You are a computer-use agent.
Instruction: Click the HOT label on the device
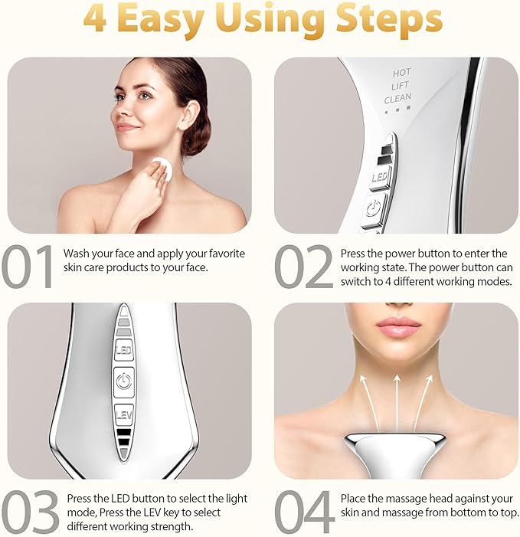point(401,73)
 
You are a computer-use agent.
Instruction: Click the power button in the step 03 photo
point(124,380)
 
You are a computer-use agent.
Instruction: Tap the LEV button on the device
point(124,414)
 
